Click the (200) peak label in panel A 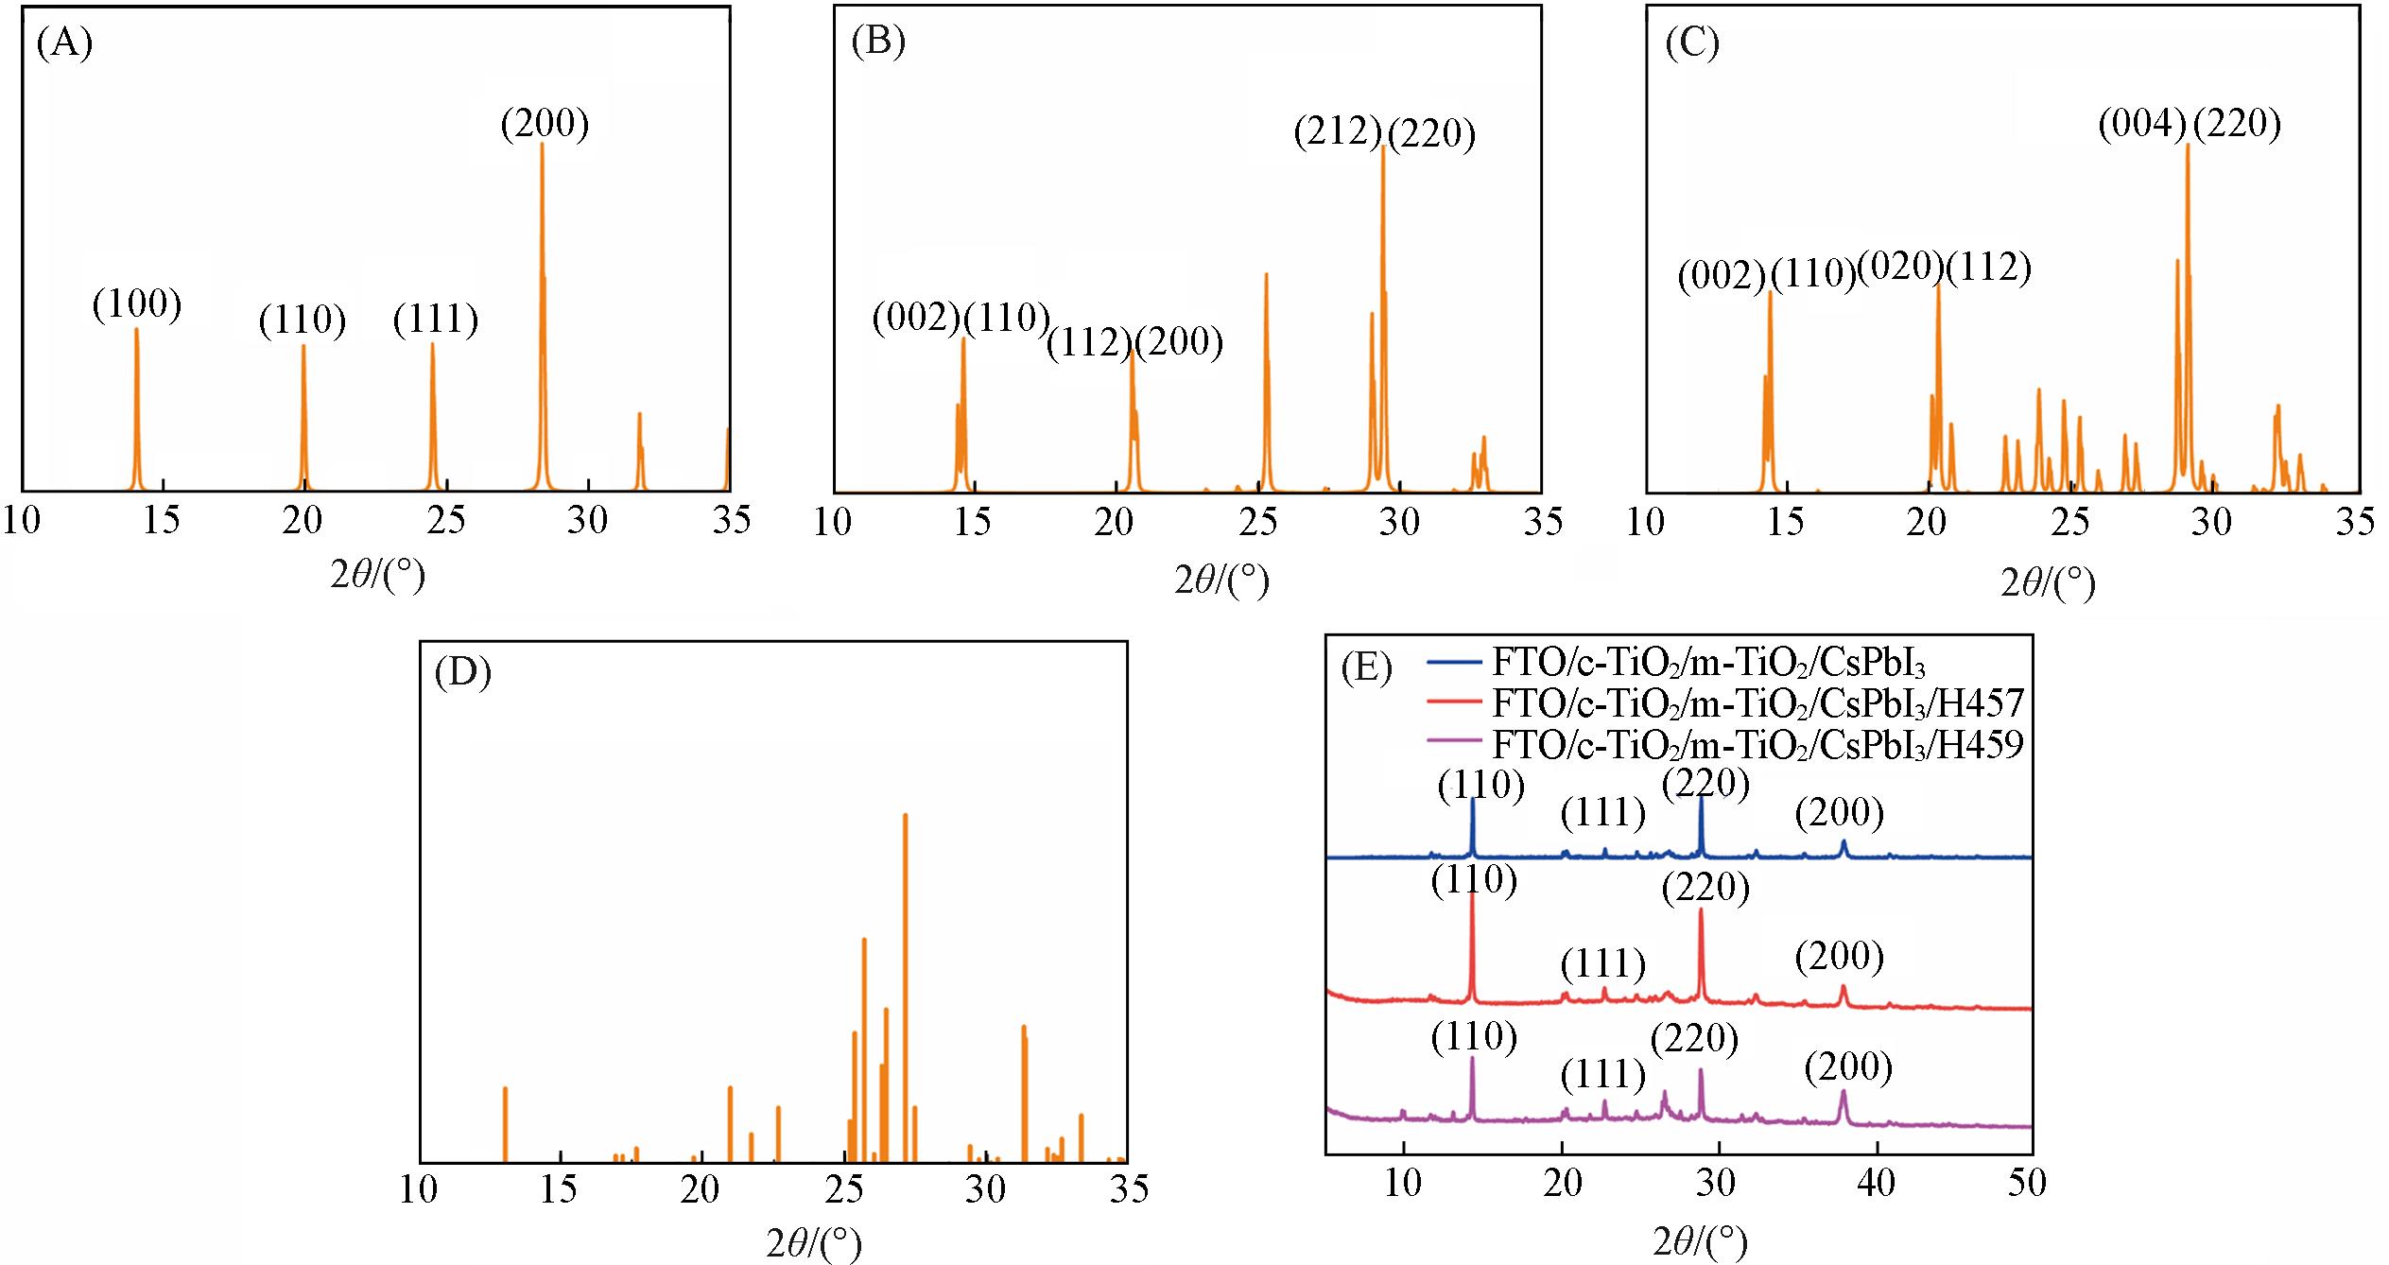coord(545,124)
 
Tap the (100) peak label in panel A coord(137,304)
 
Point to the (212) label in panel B coord(1338,131)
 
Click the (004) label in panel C coord(2142,124)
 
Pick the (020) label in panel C coord(1900,268)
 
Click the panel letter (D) coord(462,672)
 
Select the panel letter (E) coord(1366,668)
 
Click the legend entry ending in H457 coord(1757,703)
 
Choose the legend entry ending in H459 coord(1757,745)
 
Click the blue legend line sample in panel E coord(1453,662)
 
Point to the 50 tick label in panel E coord(2025,1183)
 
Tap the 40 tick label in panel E coord(1876,1183)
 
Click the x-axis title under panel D coord(814,1242)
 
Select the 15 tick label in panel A coord(162,520)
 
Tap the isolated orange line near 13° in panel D coord(505,1125)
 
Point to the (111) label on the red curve coord(1603,964)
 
